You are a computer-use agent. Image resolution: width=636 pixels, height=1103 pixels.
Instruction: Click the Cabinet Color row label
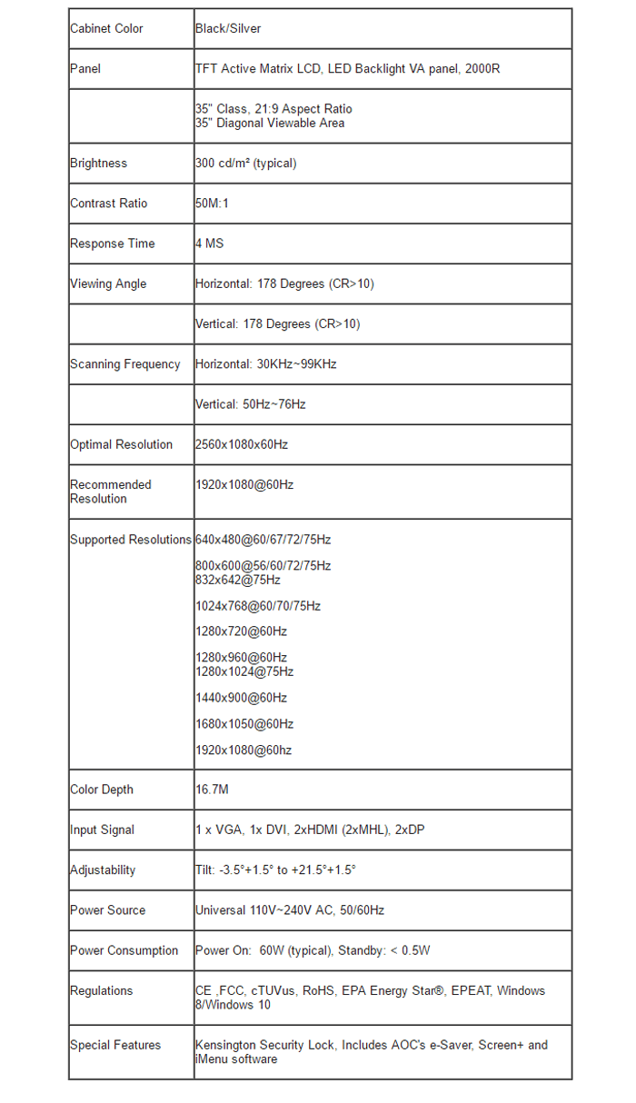tap(106, 28)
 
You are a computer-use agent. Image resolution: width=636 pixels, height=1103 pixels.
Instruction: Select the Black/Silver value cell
tap(228, 28)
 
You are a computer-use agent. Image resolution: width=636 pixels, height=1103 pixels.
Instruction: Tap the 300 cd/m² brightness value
tap(245, 164)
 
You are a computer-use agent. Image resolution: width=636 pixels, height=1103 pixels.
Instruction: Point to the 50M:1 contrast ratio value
tap(212, 204)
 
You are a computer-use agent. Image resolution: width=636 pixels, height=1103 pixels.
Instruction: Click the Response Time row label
tap(113, 243)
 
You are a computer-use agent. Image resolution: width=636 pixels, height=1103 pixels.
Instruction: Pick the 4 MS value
tap(209, 243)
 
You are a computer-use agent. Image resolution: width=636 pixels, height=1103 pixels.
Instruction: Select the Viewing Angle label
tap(108, 283)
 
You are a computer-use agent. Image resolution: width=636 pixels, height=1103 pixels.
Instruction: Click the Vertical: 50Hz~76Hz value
tap(250, 404)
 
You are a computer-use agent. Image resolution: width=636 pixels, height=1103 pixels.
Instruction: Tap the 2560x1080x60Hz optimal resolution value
tap(241, 444)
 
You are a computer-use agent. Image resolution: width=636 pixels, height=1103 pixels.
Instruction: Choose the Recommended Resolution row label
tap(110, 492)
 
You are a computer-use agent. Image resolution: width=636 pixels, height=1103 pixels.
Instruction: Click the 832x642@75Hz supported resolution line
tap(238, 580)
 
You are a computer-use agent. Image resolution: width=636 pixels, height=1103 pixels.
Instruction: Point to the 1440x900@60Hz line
tap(241, 698)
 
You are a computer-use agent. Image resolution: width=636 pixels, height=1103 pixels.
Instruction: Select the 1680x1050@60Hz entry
tap(244, 724)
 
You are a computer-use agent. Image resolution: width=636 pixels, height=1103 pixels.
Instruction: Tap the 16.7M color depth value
tap(212, 790)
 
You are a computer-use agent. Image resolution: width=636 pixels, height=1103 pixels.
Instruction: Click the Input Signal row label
tap(102, 830)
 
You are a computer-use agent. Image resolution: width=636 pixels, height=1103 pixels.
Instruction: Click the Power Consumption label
tap(124, 950)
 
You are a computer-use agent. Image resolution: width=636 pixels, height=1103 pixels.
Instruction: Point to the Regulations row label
tap(101, 990)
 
